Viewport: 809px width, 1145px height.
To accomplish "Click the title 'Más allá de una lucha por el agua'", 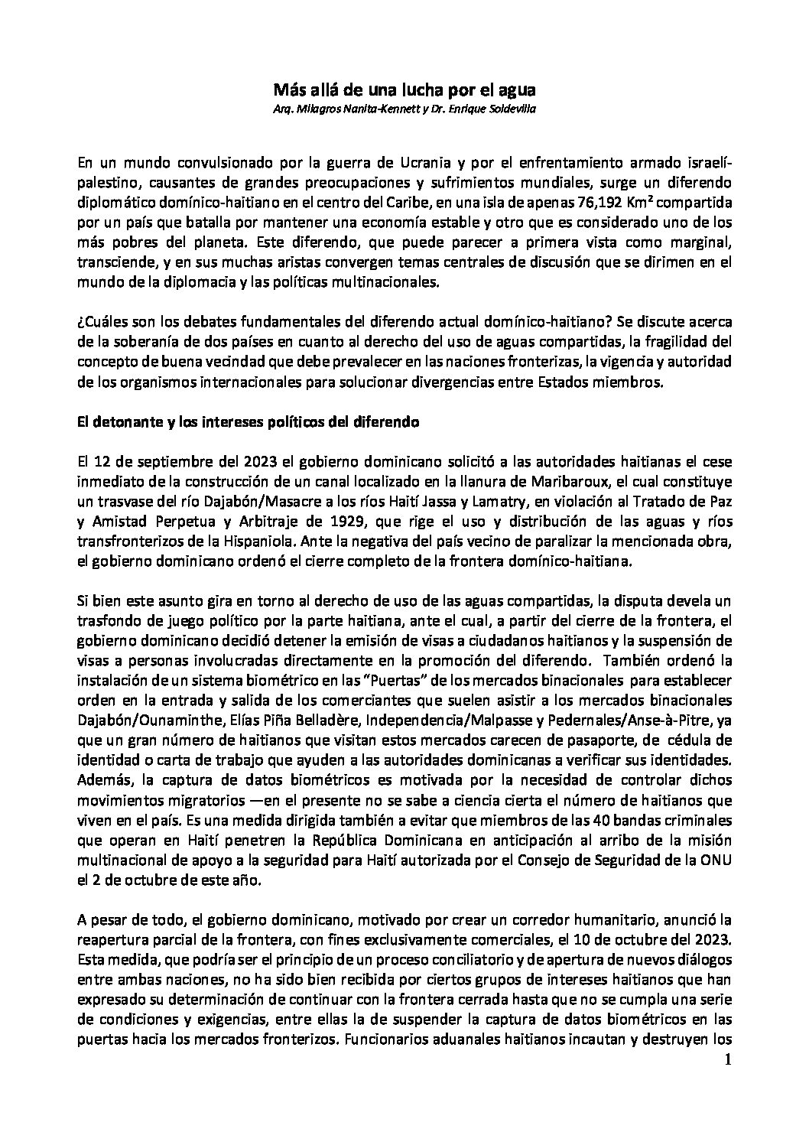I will (x=404, y=90).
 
